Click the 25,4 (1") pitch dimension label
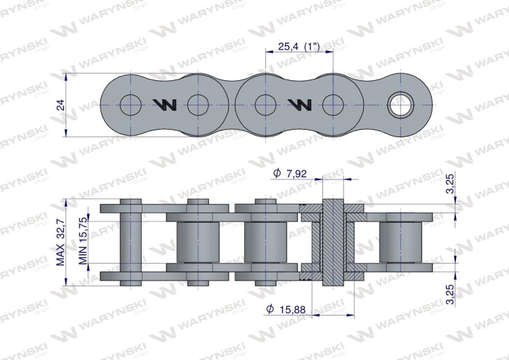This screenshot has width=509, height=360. pyautogui.click(x=299, y=47)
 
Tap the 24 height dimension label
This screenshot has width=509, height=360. pyautogui.click(x=60, y=105)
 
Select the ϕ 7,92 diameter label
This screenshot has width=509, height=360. pyautogui.click(x=290, y=174)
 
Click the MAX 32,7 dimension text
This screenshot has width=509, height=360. pyautogui.click(x=60, y=240)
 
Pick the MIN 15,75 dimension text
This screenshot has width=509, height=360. pyautogui.click(x=81, y=240)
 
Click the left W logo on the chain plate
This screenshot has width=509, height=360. pyautogui.click(x=164, y=105)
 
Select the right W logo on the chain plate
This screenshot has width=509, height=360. pyautogui.click(x=299, y=105)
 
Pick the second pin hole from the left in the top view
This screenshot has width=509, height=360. pyautogui.click(x=197, y=105)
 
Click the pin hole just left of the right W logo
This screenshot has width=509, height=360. pyautogui.click(x=265, y=105)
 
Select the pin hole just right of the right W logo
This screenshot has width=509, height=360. pyautogui.click(x=332, y=105)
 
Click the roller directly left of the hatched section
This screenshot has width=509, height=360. pyautogui.click(x=265, y=243)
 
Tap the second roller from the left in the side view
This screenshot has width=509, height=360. pyautogui.click(x=197, y=243)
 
